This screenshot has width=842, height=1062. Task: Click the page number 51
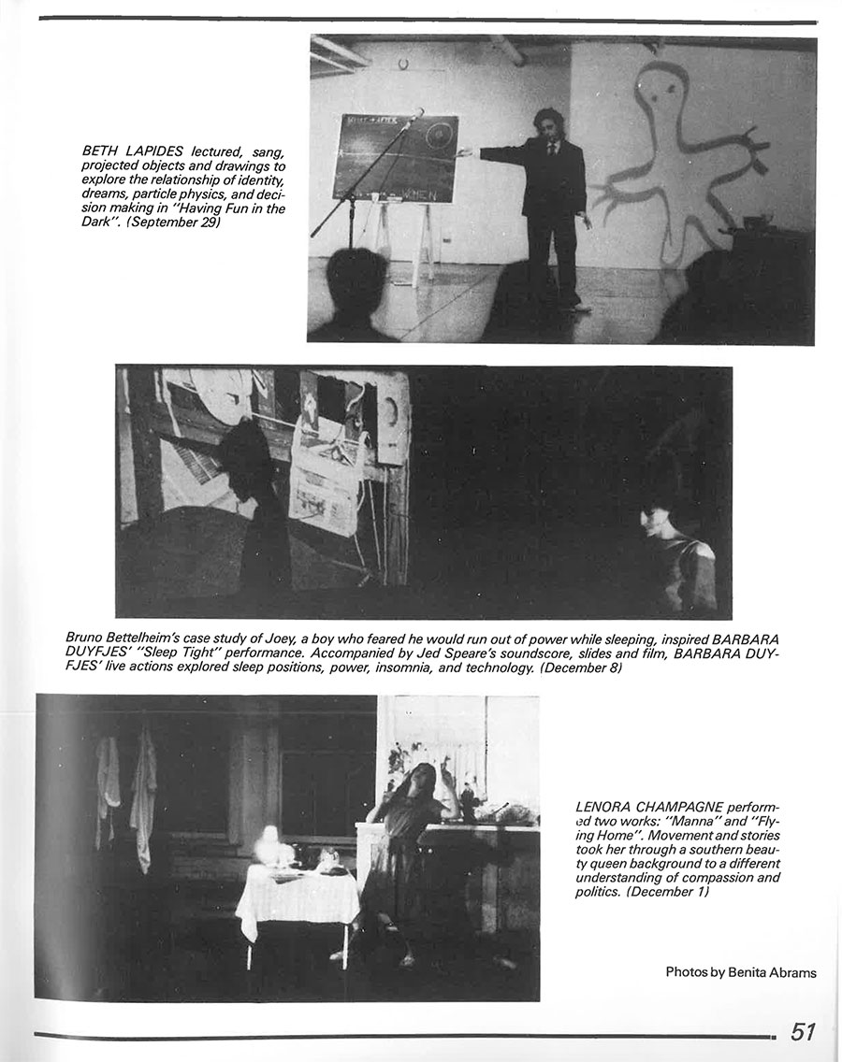[804, 1031]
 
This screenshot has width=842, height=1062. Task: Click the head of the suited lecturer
[547, 126]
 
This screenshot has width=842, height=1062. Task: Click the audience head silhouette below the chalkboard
[356, 280]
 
